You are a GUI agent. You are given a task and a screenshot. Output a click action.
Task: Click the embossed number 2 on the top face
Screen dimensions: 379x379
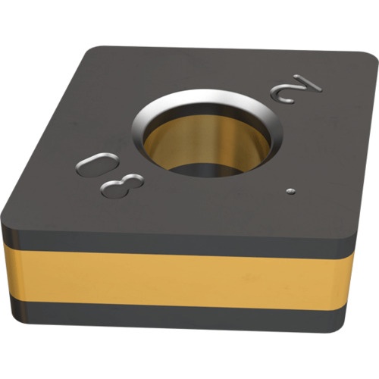tap(296, 89)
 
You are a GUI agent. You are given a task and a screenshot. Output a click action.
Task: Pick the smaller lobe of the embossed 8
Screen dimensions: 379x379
tap(133, 180)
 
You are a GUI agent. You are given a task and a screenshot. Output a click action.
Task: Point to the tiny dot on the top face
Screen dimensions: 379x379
tap(291, 191)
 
